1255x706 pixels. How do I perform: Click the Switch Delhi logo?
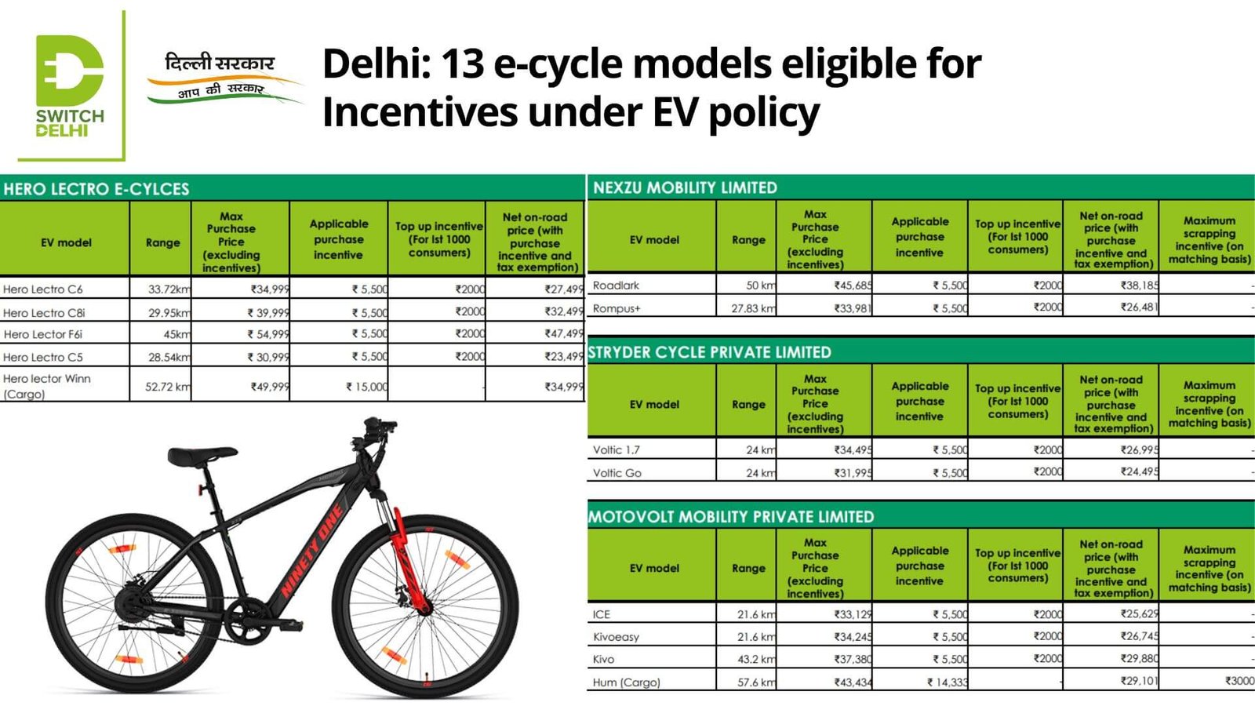click(69, 85)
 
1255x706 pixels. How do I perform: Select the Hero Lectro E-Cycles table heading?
click(96, 189)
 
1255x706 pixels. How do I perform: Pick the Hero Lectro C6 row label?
click(43, 289)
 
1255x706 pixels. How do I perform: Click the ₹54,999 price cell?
click(269, 334)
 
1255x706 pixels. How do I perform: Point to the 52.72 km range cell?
click(167, 387)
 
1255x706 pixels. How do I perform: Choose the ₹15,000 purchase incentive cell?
click(366, 387)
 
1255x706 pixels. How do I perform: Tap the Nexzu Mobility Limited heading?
click(685, 187)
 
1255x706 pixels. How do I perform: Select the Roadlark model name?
click(616, 286)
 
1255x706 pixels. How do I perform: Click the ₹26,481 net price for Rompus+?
click(1138, 308)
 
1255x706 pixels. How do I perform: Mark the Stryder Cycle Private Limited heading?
click(709, 352)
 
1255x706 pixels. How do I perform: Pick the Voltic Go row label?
click(617, 473)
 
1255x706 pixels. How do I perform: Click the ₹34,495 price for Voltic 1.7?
click(852, 450)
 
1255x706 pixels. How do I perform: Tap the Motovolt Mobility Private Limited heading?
click(730, 517)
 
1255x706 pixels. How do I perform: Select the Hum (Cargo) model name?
click(626, 682)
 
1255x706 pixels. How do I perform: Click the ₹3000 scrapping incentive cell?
click(1239, 681)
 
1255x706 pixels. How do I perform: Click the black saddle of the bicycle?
click(191, 454)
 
